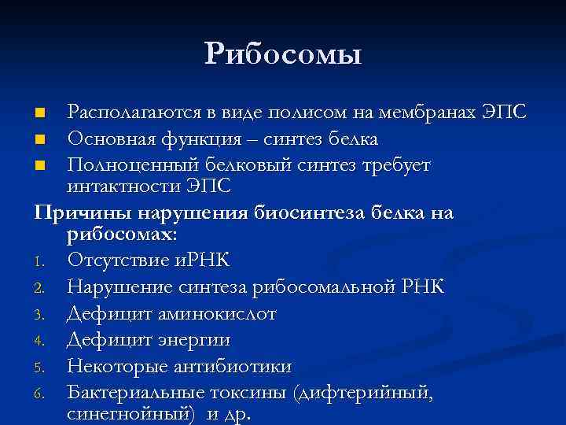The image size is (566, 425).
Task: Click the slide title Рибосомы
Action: (283, 54)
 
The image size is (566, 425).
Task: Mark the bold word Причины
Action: (83, 213)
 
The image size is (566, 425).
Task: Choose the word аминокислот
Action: (229, 314)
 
